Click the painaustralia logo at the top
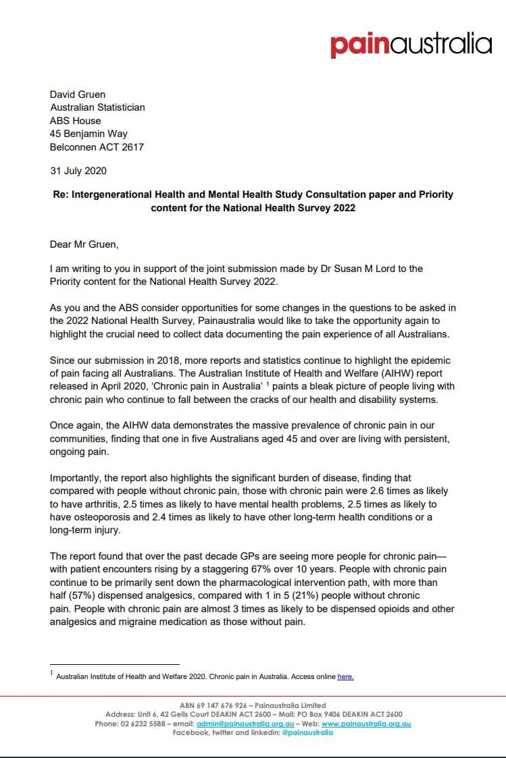[411, 45]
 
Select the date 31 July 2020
[78, 171]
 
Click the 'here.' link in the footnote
[345, 676]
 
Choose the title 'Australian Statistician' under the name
[97, 107]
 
